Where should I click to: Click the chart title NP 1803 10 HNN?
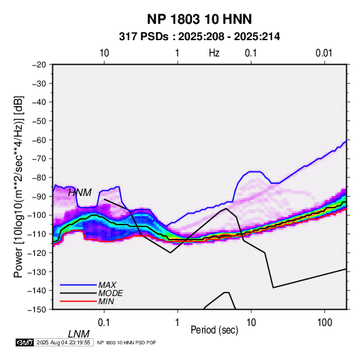coord(199,19)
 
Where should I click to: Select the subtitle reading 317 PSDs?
coord(144,37)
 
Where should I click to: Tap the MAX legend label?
coord(107,284)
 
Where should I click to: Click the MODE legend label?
coord(110,293)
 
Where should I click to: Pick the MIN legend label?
coord(106,301)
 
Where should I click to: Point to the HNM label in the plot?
coord(80,193)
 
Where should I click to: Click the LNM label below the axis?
coord(78,334)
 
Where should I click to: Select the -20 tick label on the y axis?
coord(39,65)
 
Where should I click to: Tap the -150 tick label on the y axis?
coord(37,310)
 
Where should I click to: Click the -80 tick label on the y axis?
coord(39,178)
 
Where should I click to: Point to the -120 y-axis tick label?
coord(37,252)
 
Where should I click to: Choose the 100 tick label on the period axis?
coord(325,323)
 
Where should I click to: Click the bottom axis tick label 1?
coord(178,323)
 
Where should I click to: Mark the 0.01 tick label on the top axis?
coord(324,53)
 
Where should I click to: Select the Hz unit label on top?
coord(214,53)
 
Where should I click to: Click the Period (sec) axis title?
coord(214,330)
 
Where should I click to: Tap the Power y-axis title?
coord(18,187)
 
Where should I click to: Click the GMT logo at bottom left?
coord(25,342)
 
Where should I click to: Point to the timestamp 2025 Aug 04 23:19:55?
coord(63,342)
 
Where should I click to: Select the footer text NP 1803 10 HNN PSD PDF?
coord(127,342)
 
